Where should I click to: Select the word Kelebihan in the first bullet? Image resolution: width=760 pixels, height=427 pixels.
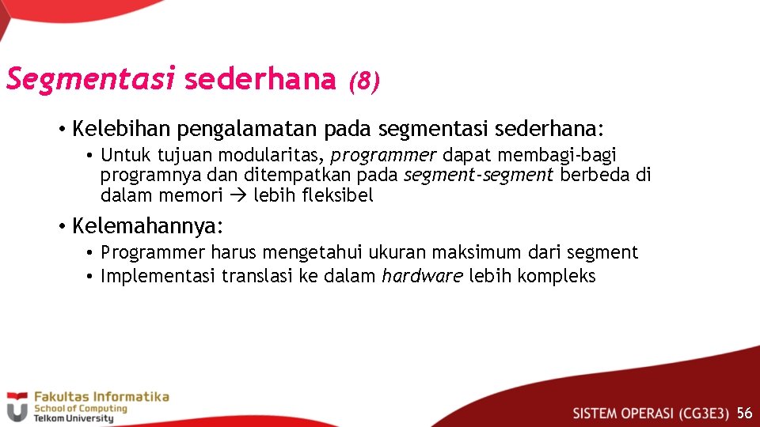(122, 128)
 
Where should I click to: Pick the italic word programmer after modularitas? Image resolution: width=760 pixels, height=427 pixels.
(383, 155)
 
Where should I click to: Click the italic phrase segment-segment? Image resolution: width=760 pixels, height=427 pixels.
(479, 175)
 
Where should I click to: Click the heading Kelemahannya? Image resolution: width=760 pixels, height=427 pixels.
(148, 227)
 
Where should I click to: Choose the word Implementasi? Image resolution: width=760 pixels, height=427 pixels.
(158, 276)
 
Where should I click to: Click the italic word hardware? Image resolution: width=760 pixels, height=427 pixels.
(422, 276)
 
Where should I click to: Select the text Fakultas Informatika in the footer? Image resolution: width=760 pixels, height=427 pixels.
(101, 396)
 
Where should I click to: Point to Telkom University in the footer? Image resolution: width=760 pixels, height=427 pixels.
(73, 418)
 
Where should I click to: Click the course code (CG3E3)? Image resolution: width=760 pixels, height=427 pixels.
(705, 414)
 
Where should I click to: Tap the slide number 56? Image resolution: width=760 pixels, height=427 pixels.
(744, 414)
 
